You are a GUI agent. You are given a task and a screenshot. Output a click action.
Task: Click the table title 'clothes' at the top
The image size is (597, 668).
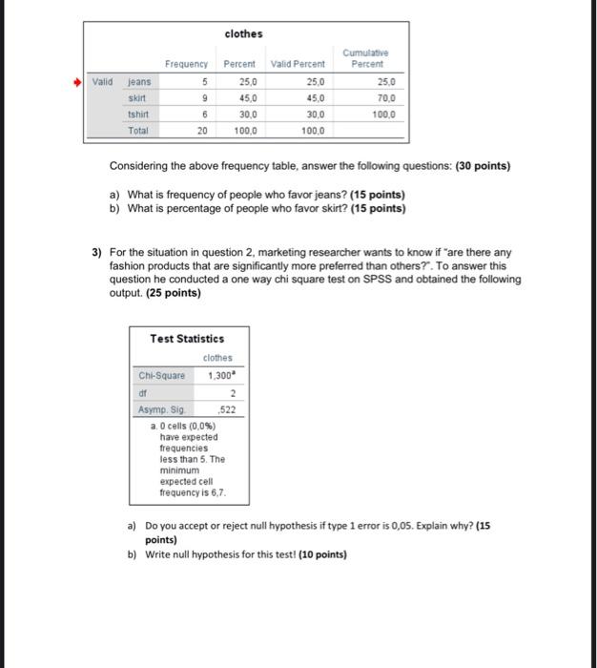[243, 33]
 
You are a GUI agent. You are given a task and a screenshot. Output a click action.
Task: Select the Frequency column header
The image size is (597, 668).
[186, 64]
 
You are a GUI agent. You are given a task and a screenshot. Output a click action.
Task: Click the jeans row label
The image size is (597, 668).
[140, 81]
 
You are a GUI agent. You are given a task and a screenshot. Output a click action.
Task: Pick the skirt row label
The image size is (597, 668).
[138, 96]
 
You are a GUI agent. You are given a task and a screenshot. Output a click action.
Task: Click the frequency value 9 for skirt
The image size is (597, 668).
[204, 96]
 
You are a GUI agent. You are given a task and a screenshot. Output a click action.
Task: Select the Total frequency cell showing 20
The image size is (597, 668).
[201, 128]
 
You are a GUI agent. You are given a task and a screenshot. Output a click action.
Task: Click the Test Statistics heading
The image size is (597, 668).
[187, 339]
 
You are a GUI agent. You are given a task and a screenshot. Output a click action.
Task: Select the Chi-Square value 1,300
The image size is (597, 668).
[221, 375]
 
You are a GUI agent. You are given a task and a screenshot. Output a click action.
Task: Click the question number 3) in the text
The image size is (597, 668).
[97, 253]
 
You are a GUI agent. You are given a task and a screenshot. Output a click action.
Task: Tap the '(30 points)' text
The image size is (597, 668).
[484, 165]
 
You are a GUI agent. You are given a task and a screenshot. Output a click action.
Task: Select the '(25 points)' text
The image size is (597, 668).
[174, 293]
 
